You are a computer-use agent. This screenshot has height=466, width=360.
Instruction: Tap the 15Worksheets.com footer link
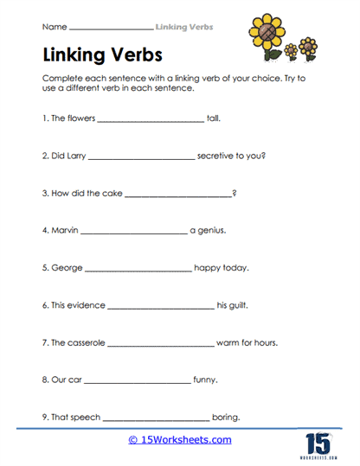point(179,440)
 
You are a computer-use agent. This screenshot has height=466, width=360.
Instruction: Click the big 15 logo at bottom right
point(317,441)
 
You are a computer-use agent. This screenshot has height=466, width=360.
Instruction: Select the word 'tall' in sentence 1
point(216,120)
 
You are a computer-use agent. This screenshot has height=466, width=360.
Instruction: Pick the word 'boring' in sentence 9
point(227,417)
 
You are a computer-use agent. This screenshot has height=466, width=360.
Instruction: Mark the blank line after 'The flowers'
point(151,122)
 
